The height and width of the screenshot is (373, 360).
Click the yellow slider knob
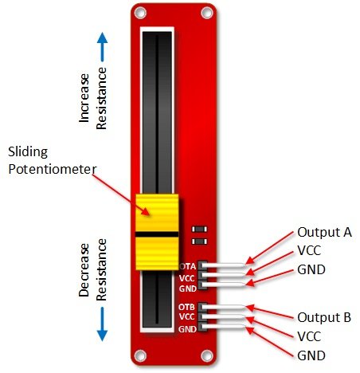pos(157,232)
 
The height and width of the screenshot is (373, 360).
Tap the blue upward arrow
pos(102,47)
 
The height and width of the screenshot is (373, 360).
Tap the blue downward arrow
pos(102,324)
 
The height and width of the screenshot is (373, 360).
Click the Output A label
pos(324,233)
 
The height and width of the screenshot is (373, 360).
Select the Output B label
pos(324,317)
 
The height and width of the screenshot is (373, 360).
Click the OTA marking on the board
pos(188,266)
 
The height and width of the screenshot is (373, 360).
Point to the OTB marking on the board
pos(186,307)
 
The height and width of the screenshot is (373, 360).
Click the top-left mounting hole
pos(140,13)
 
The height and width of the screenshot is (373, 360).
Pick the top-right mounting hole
pos(207,13)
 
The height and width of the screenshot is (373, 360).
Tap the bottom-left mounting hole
pos(140,355)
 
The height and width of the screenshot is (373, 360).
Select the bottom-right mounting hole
pos(207,355)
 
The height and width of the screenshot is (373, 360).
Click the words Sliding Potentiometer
pos(52,160)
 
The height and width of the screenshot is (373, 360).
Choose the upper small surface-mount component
pos(200,229)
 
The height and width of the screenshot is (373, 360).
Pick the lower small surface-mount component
pos(200,241)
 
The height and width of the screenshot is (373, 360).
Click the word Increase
pos(84,98)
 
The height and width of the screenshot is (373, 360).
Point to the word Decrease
pos(84,270)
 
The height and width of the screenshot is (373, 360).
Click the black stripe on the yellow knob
pos(157,234)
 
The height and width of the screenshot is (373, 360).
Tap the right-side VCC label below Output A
pos(309,250)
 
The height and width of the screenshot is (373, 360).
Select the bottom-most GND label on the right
pos(311,355)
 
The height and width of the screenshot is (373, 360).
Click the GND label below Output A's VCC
pos(311,269)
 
